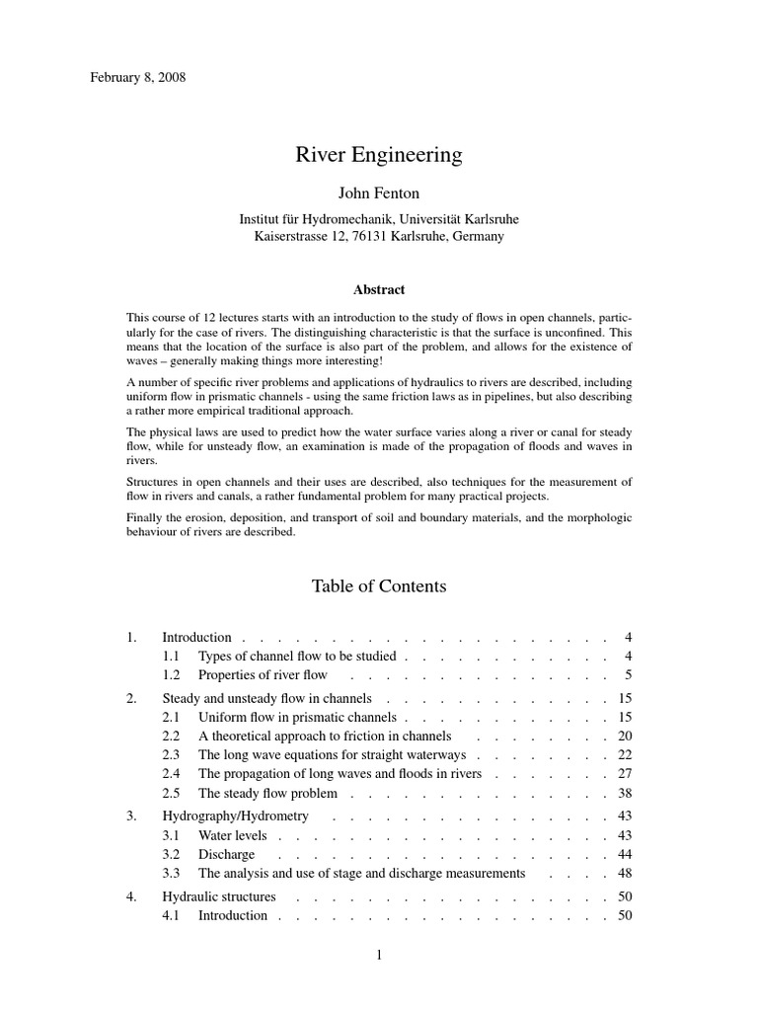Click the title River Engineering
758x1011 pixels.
click(x=379, y=155)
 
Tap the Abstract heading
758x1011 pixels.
click(x=379, y=289)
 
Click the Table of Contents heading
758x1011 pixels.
click(x=379, y=586)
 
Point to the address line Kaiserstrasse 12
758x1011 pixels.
click(x=379, y=237)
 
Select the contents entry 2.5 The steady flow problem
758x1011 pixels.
click(x=267, y=793)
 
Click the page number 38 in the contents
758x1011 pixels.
click(x=624, y=793)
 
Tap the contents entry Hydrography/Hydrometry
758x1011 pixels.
click(x=235, y=816)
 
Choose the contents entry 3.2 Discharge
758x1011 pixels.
click(x=226, y=854)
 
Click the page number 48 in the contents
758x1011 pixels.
click(x=624, y=873)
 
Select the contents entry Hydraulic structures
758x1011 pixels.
click(x=219, y=896)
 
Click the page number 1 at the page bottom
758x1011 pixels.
click(x=379, y=955)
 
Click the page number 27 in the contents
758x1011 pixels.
click(x=624, y=774)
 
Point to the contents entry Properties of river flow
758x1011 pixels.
click(x=263, y=675)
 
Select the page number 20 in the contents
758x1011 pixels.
click(x=624, y=736)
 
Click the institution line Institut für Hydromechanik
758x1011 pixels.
click(x=379, y=218)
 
